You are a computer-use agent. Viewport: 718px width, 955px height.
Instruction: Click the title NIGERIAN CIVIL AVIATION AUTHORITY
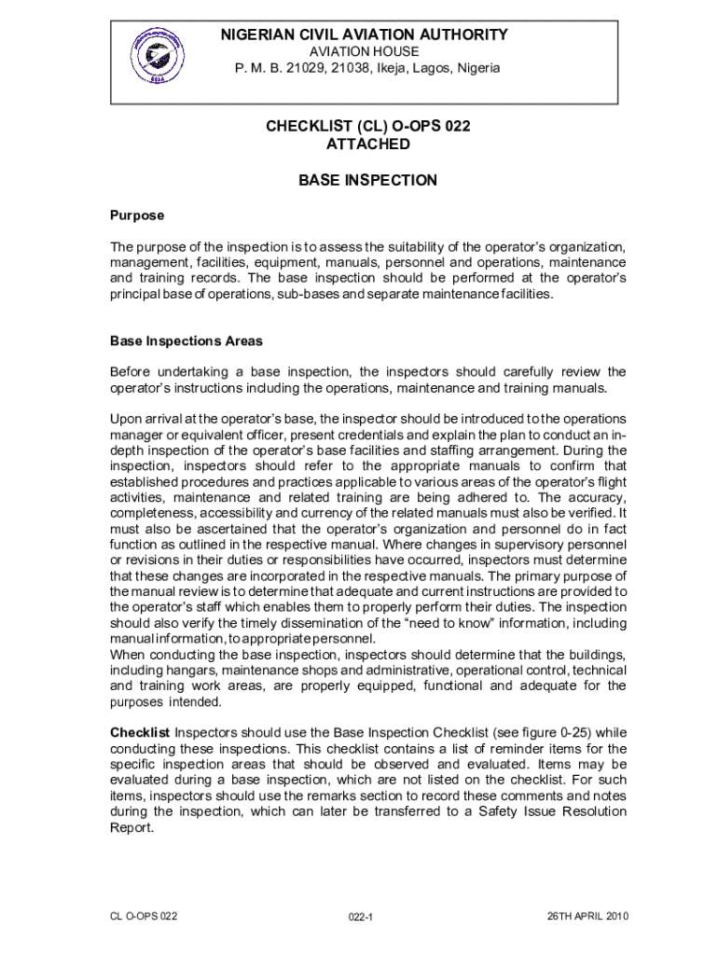point(364,35)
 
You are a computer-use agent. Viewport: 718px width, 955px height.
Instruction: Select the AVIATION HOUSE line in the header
point(364,52)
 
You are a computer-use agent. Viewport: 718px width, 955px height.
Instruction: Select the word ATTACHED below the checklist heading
point(367,145)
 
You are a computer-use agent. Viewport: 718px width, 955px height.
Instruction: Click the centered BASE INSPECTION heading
point(367,180)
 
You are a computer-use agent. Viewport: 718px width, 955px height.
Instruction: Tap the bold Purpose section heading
point(137,215)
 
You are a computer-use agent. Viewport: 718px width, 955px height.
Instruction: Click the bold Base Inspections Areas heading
point(186,341)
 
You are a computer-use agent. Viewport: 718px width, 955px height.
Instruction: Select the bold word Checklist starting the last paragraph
point(140,732)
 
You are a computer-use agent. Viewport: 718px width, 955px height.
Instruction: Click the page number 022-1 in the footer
point(359,918)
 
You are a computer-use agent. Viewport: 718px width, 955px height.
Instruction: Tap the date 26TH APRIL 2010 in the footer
point(587,916)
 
